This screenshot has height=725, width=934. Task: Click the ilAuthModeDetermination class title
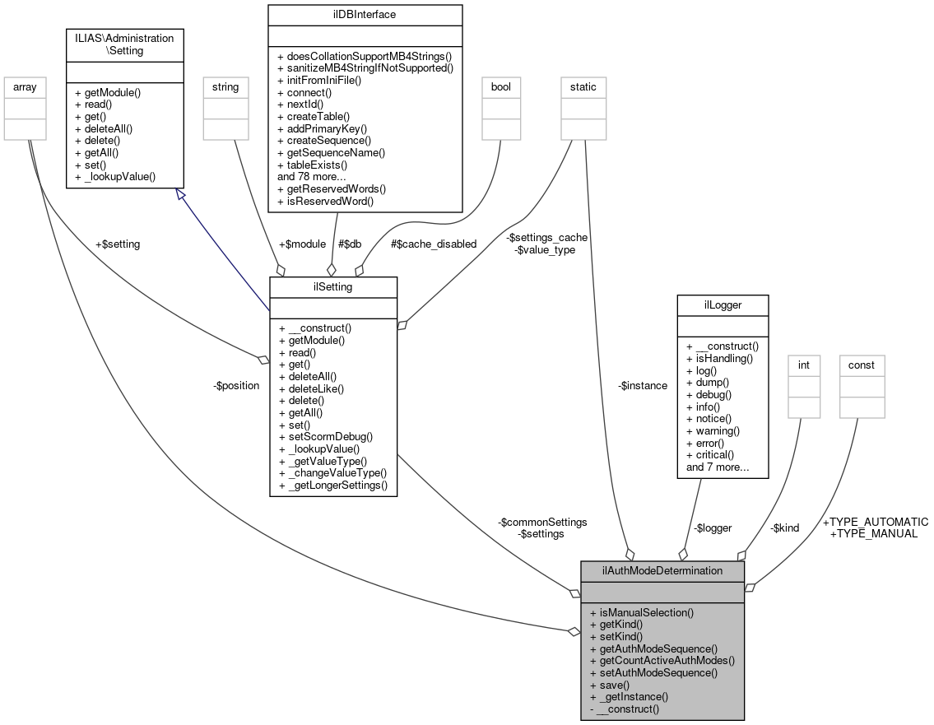[662, 570]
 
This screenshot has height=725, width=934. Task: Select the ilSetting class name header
[333, 286]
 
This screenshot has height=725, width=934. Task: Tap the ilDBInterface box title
[365, 14]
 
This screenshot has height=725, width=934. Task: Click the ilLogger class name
[722, 305]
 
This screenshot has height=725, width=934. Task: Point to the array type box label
[25, 86]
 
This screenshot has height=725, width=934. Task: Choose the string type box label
[225, 86]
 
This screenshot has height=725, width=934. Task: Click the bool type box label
[500, 86]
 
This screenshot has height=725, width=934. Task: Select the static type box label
[583, 86]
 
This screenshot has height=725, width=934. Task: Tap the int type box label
[804, 364]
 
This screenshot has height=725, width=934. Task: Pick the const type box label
[862, 364]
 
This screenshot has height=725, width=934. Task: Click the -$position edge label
[236, 385]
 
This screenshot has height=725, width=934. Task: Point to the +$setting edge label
[118, 244]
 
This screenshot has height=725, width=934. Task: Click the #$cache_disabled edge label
[434, 244]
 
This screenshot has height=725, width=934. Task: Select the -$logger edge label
[712, 527]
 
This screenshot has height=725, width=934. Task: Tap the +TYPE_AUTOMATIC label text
[876, 522]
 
